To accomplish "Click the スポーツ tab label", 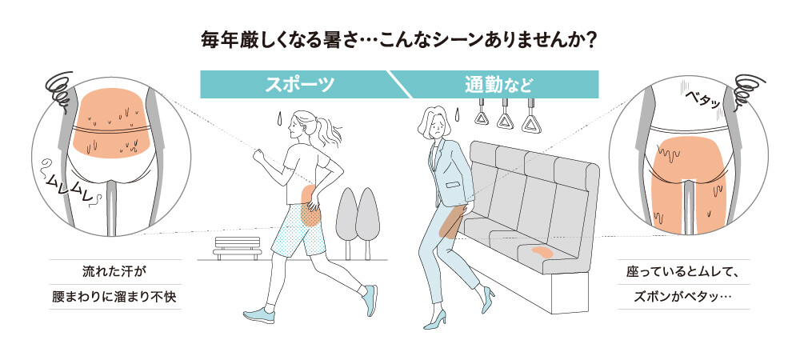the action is coord(299,84).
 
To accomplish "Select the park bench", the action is coord(238,248).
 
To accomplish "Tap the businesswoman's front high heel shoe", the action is coord(434,320).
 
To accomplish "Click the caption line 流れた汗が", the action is coord(114,272).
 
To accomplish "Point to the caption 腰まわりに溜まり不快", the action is coord(116,297).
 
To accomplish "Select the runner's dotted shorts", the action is coord(298,230).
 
